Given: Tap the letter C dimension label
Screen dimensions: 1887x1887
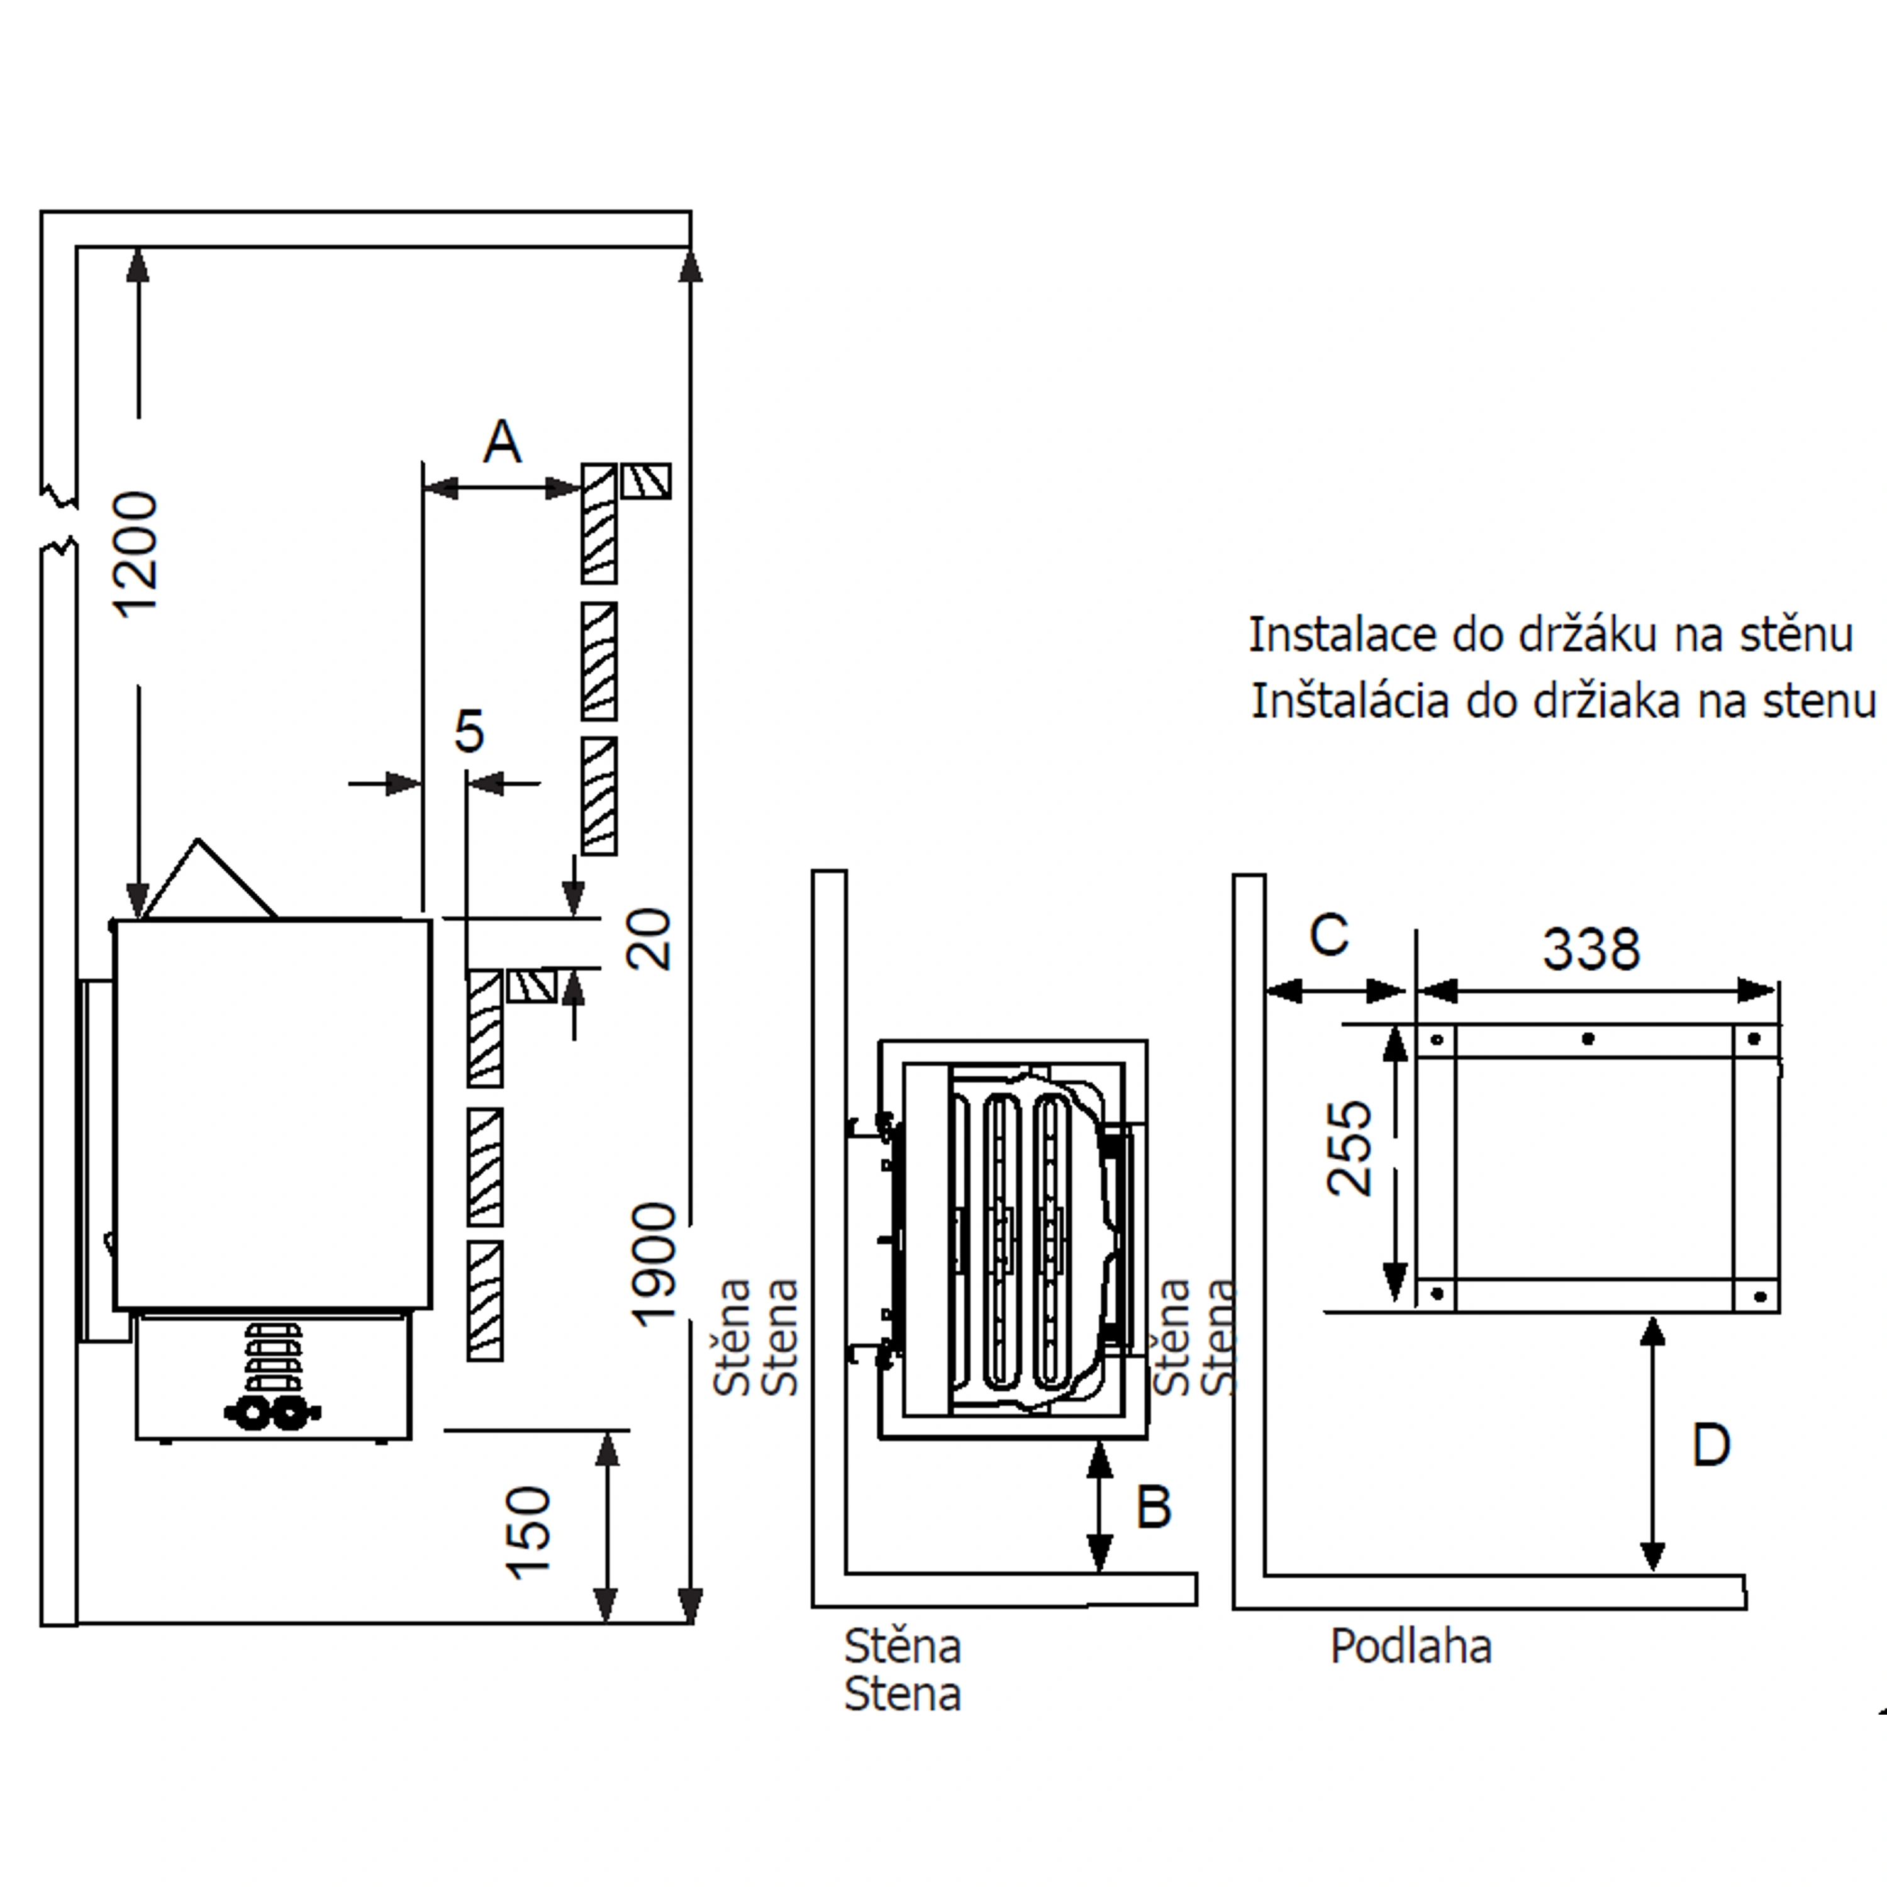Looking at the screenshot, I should (1328, 935).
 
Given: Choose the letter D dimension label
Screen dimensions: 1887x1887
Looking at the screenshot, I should (1710, 1445).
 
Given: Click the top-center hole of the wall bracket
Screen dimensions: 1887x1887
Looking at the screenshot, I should (1588, 1038).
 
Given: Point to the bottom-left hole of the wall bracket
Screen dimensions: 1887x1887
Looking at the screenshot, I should (1436, 1294).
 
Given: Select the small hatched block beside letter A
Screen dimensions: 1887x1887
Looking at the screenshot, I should (647, 481).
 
